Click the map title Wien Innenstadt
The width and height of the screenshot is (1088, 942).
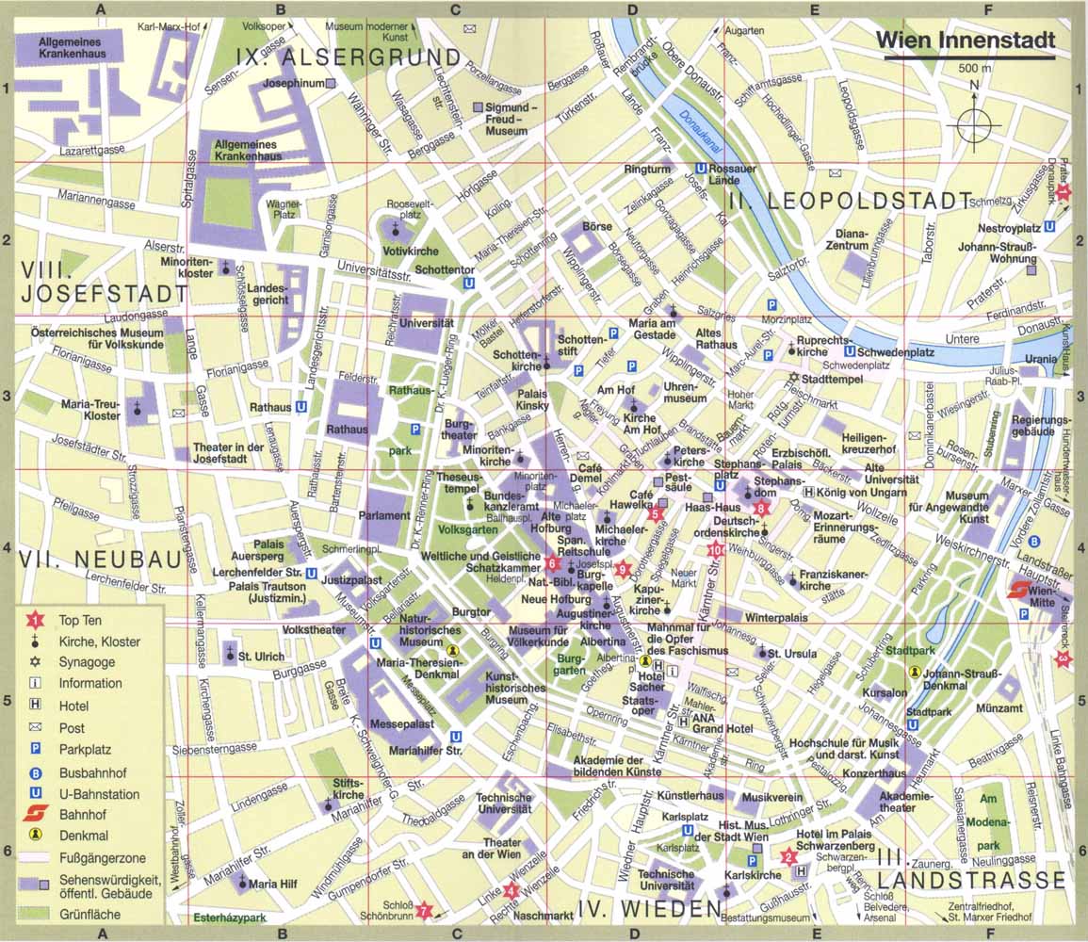966,41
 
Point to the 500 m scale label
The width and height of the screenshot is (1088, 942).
975,69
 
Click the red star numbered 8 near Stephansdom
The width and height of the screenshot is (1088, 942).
762,510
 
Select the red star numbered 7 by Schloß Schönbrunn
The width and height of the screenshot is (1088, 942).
424,910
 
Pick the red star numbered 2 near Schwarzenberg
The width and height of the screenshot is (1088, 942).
788,855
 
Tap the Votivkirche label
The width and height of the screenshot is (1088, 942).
406,252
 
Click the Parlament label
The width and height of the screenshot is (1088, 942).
384,515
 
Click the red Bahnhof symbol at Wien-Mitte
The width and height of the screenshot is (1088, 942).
1017,591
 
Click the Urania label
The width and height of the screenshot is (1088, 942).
1041,359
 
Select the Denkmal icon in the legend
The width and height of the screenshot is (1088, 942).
35,835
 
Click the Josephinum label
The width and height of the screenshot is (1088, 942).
292,83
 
